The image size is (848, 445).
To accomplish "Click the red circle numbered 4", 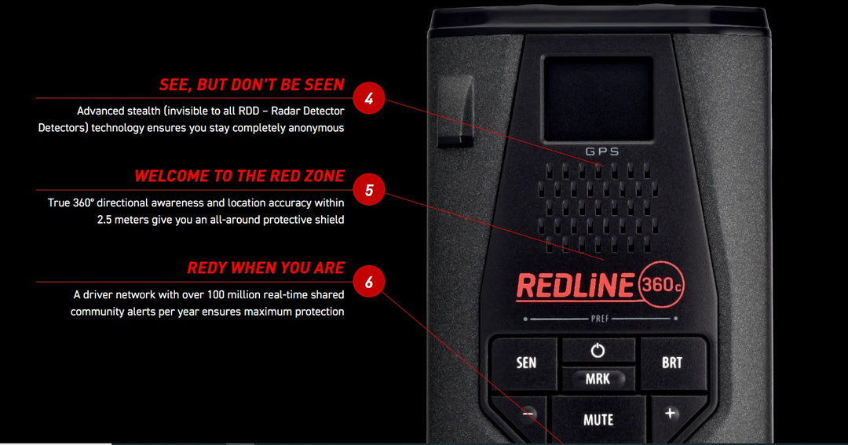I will [x=368, y=99].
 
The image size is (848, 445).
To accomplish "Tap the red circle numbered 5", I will [x=368, y=190].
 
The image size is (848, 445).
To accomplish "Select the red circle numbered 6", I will [x=368, y=282].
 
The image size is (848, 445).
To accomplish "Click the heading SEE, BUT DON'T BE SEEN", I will [x=251, y=85].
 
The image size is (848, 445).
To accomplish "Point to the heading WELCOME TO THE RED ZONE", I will [x=239, y=176].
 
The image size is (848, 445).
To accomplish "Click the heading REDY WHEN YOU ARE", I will [x=265, y=268].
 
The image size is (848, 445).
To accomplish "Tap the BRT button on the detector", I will [x=672, y=363].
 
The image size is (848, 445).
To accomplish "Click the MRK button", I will [x=598, y=379].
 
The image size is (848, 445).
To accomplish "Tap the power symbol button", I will [x=598, y=351].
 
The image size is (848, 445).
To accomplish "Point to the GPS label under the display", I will [x=602, y=151].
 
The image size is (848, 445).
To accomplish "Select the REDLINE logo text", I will [x=574, y=286].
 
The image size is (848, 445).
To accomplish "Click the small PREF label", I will [x=600, y=319].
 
